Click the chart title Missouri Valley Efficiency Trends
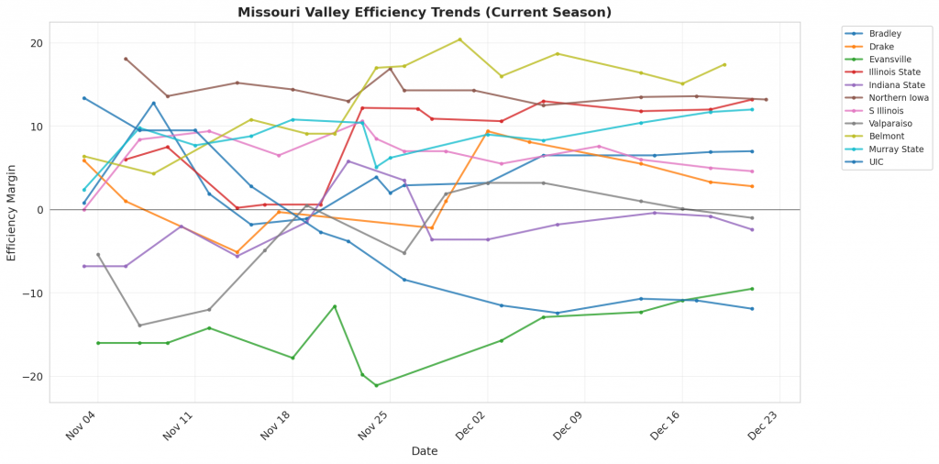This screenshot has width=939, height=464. [x=425, y=12]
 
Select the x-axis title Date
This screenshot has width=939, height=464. [x=425, y=451]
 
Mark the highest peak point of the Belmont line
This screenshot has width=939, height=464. [x=459, y=39]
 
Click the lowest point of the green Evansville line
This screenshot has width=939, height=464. [x=376, y=385]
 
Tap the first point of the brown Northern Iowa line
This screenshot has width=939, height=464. [x=126, y=59]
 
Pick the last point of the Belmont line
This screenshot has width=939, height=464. [x=724, y=65]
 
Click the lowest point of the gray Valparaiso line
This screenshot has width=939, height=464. [x=139, y=326]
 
